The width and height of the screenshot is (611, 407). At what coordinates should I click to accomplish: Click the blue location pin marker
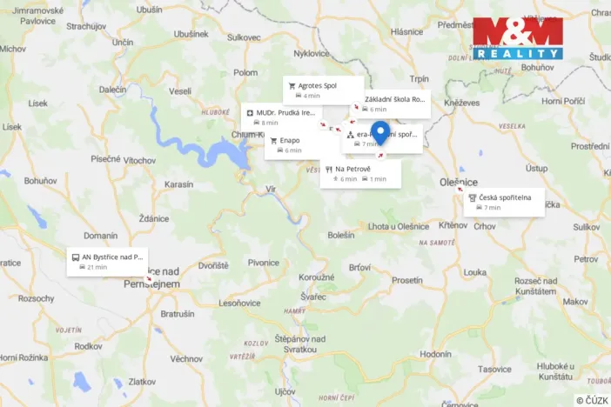point(379,133)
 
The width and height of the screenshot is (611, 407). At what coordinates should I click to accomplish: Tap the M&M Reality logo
point(518,38)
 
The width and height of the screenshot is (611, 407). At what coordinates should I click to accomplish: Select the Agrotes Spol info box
point(323,90)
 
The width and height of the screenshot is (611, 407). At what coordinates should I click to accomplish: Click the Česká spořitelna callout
point(505,202)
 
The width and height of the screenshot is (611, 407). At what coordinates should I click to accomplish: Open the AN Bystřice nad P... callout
point(107,261)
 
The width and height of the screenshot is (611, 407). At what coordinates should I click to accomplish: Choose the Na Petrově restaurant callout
point(360,173)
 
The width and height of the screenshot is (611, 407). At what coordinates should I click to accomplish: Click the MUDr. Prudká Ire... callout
point(281,117)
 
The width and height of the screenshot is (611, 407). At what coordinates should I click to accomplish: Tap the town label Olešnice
point(458,183)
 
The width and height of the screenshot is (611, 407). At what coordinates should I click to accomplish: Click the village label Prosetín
point(407,280)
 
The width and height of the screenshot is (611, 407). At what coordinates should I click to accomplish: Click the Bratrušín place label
point(178,313)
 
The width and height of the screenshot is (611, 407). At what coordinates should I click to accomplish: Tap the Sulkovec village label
point(244,37)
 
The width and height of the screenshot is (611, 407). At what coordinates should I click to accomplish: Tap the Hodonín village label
point(435,354)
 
